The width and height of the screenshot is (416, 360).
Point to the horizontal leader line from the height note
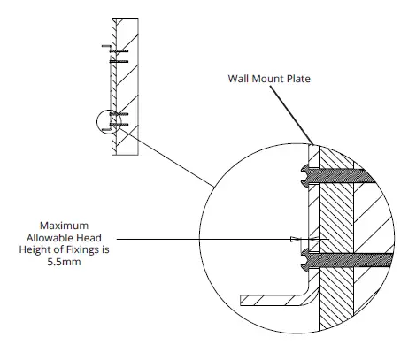[x=204, y=239]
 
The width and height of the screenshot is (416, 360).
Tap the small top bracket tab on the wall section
[x=104, y=45]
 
